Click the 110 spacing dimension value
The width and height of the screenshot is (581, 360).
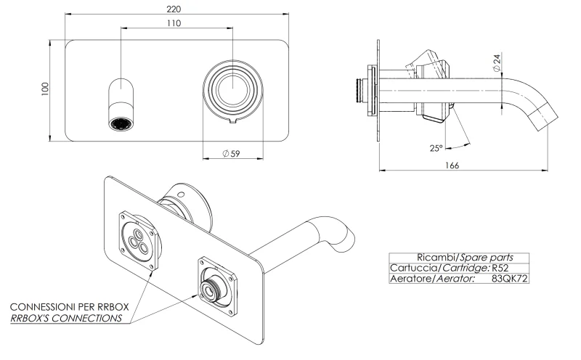pos(174,23)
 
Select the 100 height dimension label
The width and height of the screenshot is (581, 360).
pos(46,89)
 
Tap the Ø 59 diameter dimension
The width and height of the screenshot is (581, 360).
pos(231,153)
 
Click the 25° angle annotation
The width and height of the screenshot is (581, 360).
pos(436,147)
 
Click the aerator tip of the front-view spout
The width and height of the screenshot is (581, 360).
pos(121,124)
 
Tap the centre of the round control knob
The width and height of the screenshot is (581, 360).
pos(231,89)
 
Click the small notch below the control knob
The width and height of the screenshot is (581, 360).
pos(231,121)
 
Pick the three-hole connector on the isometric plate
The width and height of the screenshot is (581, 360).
pos(138,241)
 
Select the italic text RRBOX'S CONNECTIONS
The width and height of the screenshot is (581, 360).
pos(66,318)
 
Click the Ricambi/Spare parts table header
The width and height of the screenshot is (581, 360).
pos(458,257)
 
